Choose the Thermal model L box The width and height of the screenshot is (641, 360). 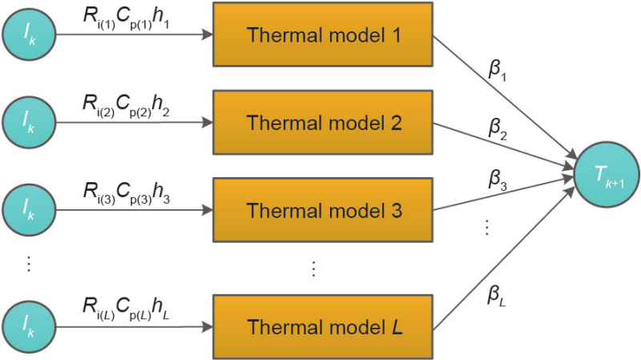coord(323,326)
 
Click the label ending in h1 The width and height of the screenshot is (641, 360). coord(127,17)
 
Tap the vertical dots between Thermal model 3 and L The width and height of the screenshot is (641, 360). coord(314,268)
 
